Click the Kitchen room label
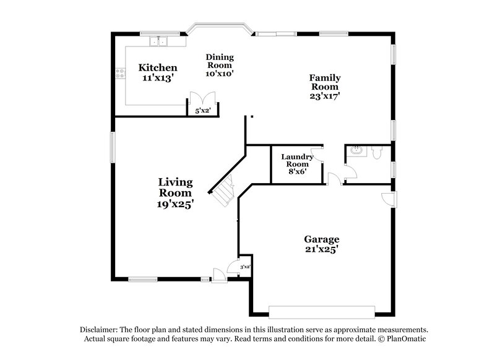pos(158,67)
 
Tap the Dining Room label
pos(220,61)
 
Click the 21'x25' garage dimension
pos(321,250)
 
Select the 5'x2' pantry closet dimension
pos(203,110)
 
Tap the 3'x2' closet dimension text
pos(245,267)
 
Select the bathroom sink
pos(356,150)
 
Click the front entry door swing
pos(218,273)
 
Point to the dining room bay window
pos(219,26)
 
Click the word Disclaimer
pos(98,330)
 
